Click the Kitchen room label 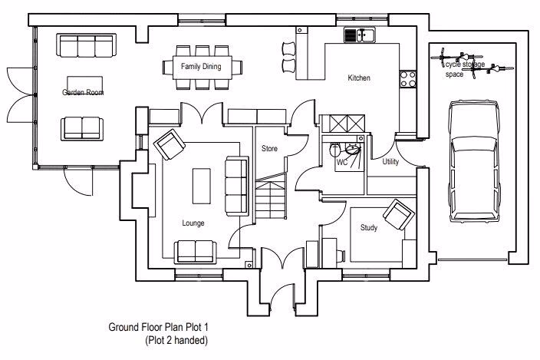click(x=359, y=78)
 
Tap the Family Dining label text click(x=201, y=67)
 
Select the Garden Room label click(x=83, y=92)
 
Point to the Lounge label click(x=193, y=223)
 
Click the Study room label click(x=370, y=227)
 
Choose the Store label click(x=269, y=148)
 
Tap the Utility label click(x=390, y=161)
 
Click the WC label click(x=342, y=162)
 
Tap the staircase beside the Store click(x=270, y=197)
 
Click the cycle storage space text click(x=464, y=70)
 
